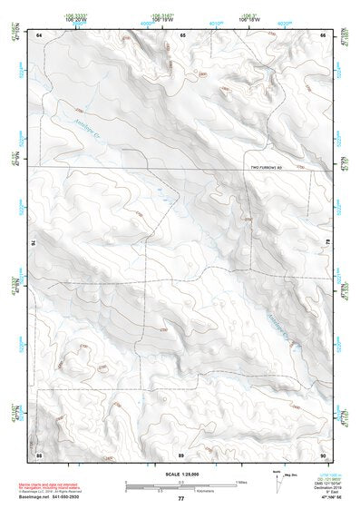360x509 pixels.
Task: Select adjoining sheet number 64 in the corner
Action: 39,34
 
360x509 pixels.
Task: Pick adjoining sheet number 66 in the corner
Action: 323,34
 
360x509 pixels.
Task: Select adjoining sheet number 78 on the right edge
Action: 327,243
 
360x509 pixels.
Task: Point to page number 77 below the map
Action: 181,499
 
